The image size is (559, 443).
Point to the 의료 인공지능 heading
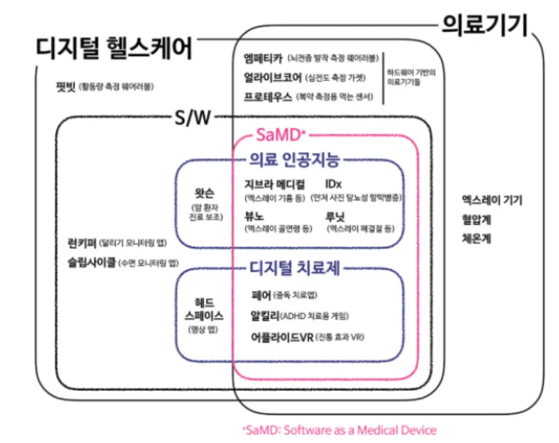(x=296, y=159)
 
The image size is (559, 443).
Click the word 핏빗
(x=65, y=86)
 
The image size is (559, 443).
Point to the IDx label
(x=333, y=184)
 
